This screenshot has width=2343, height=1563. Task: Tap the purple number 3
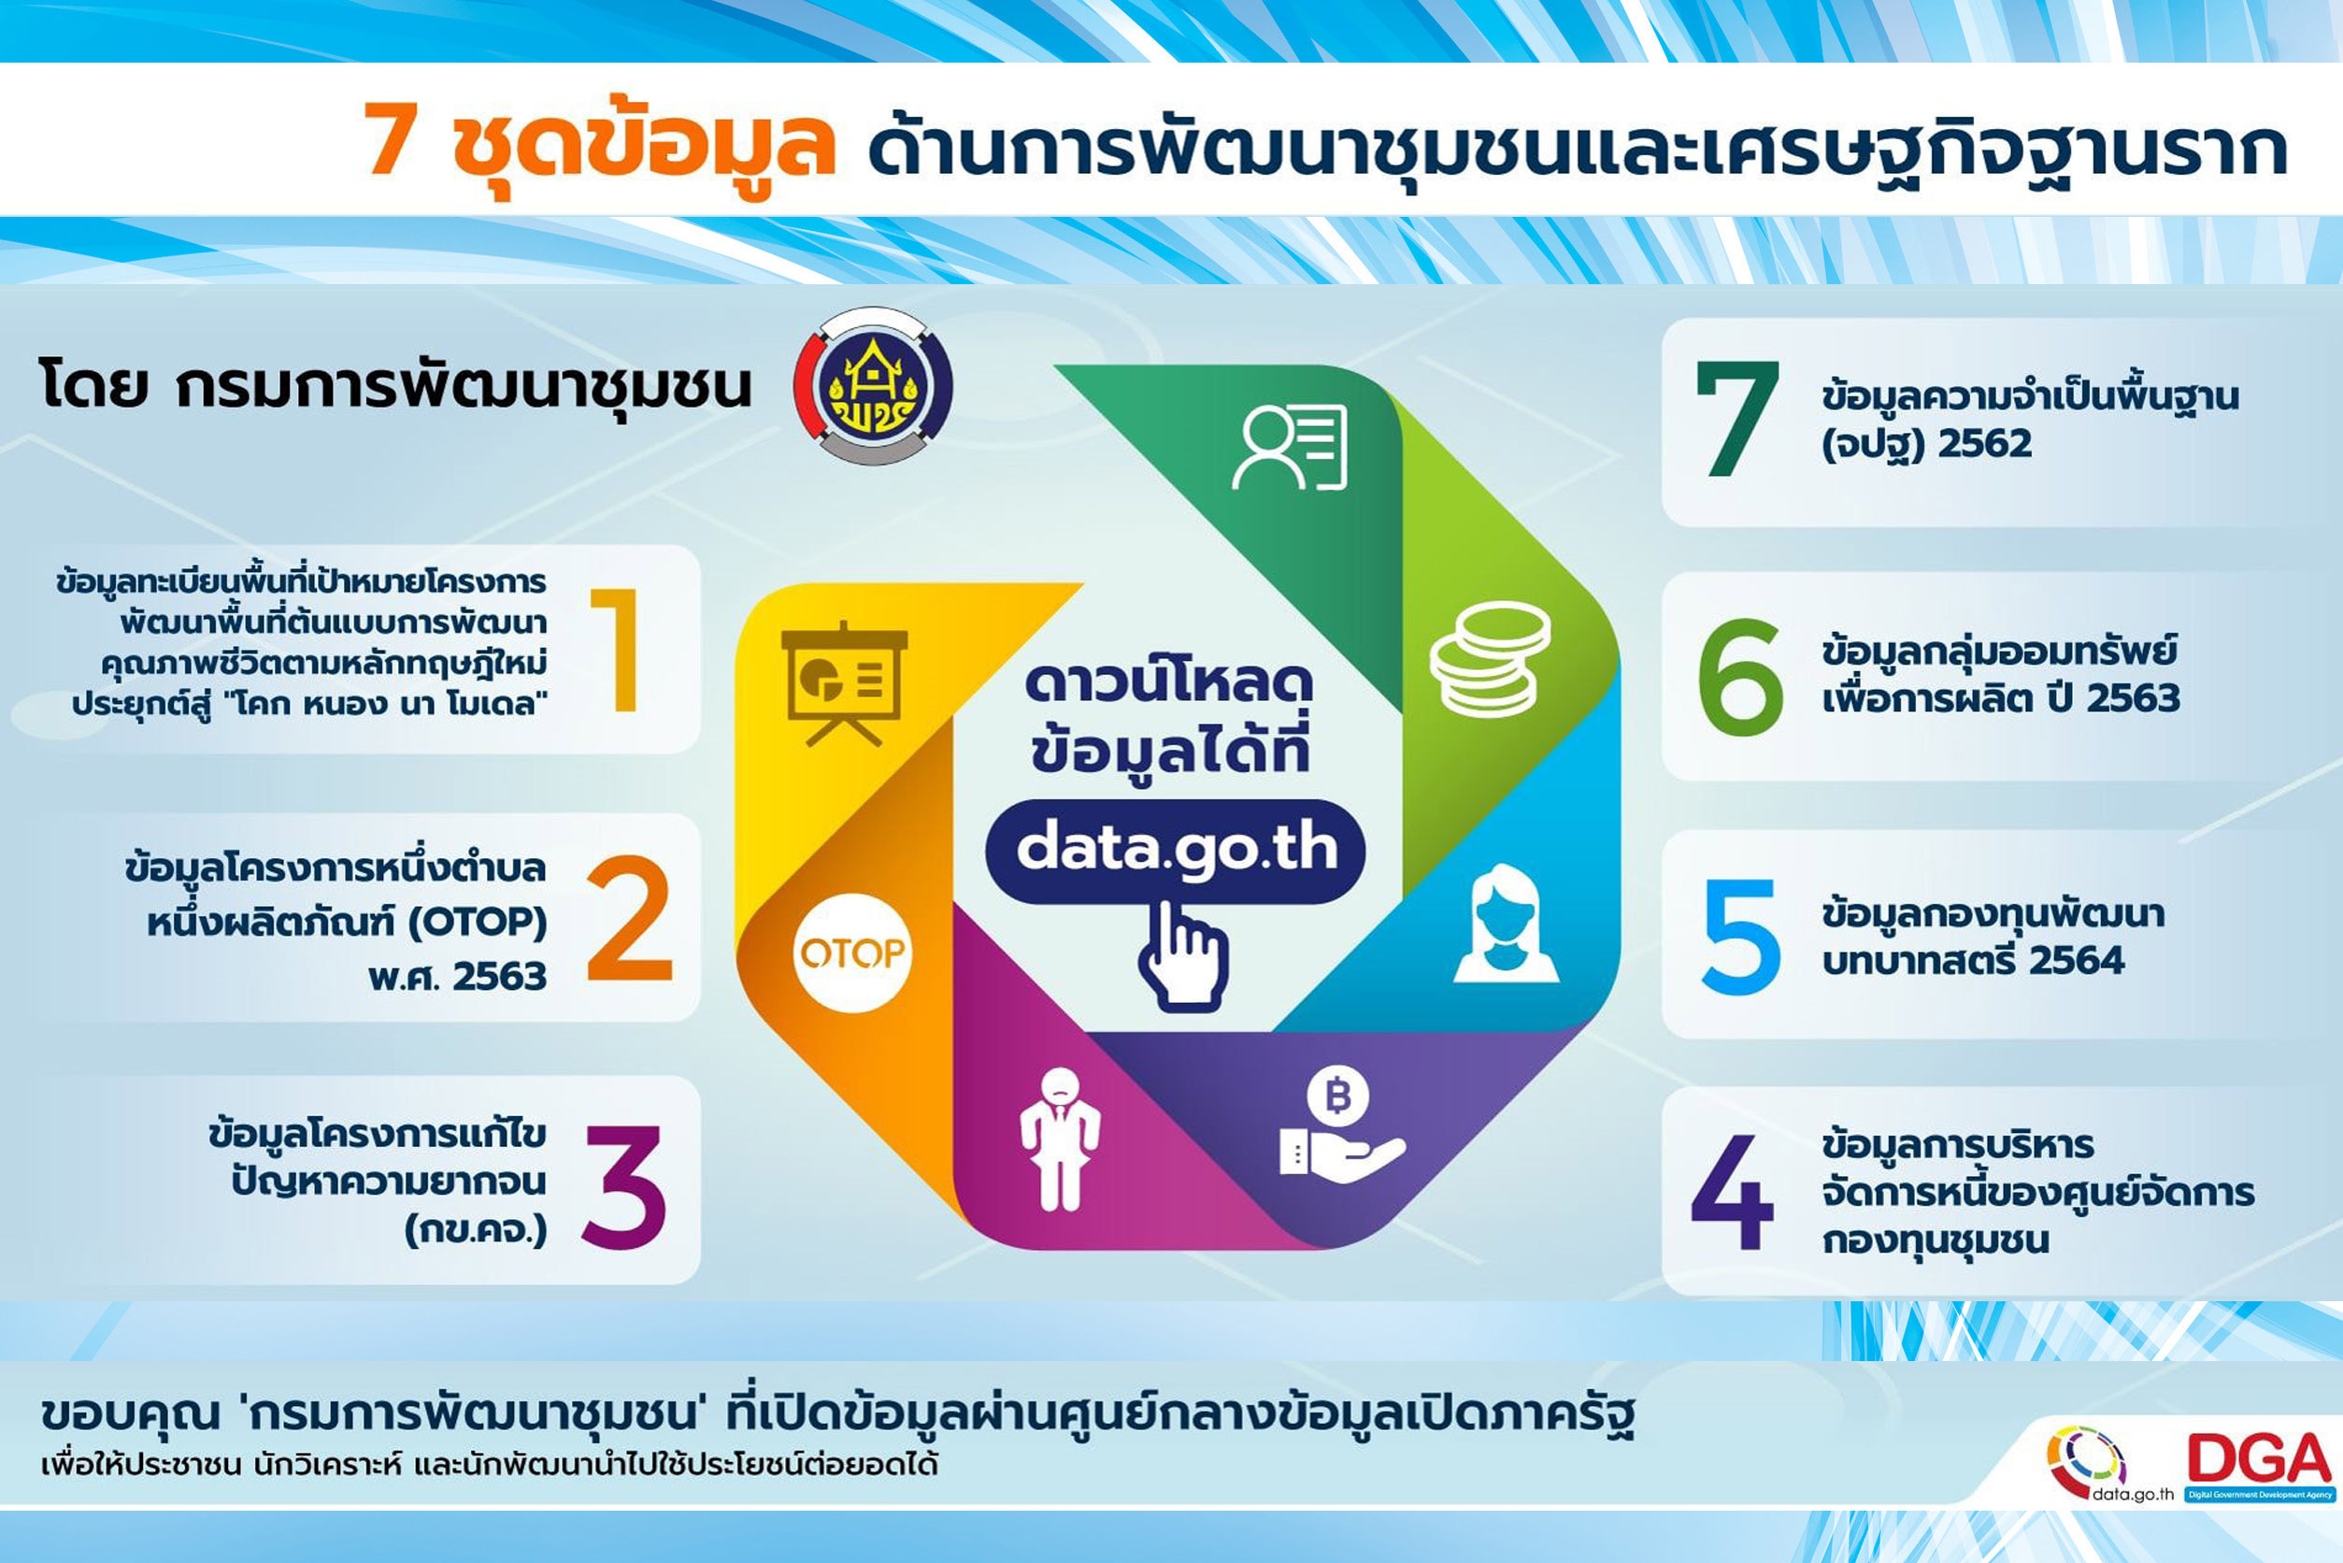[624, 1186]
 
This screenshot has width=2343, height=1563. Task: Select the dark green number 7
[1737, 419]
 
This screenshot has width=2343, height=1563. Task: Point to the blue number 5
[1740, 936]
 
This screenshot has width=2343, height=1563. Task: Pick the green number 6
[1740, 677]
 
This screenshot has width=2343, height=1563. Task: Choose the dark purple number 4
[1732, 1191]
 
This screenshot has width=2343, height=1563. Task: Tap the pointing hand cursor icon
[1182, 956]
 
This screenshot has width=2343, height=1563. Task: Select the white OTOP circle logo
[852, 953]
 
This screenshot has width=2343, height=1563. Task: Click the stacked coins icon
[1490, 659]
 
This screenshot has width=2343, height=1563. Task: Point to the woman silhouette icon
[1506, 924]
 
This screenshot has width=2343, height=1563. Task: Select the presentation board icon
[844, 684]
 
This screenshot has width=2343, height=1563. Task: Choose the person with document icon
[1290, 447]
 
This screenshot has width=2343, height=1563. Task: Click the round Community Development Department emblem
[873, 386]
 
